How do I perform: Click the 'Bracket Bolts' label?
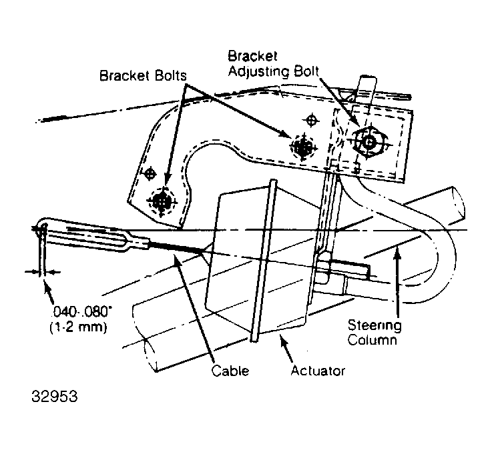(x=143, y=75)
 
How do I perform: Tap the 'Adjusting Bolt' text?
(x=273, y=71)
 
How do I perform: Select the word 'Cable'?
(x=230, y=370)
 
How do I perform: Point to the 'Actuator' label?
(x=318, y=371)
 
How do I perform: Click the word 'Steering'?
(x=375, y=326)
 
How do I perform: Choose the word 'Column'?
(x=372, y=340)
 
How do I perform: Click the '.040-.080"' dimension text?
(x=81, y=312)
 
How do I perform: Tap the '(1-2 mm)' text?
(x=79, y=327)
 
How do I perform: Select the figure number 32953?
(x=54, y=396)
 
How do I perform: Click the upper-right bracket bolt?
(x=303, y=147)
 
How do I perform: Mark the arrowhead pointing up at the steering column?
(x=397, y=251)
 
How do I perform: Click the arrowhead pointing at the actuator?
(x=284, y=341)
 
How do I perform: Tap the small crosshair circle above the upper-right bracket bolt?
(x=311, y=120)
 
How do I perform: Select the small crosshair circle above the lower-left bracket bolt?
(x=150, y=173)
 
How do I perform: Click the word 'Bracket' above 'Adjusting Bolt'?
(x=252, y=57)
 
